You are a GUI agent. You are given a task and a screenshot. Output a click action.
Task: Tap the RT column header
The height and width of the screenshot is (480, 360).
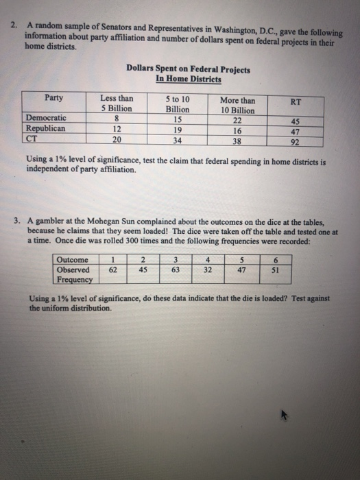pyautogui.click(x=296, y=101)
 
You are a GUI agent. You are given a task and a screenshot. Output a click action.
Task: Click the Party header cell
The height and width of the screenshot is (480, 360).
pyautogui.click(x=54, y=98)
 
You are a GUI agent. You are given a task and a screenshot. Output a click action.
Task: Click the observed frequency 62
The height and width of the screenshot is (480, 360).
pyautogui.click(x=112, y=269)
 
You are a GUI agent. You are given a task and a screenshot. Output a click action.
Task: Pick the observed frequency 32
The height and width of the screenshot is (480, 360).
pyautogui.click(x=206, y=269)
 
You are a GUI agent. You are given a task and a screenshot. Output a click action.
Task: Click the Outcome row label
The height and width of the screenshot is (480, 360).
pyautogui.click(x=72, y=260)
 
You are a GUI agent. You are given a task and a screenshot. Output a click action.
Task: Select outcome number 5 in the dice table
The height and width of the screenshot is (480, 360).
pyautogui.click(x=241, y=260)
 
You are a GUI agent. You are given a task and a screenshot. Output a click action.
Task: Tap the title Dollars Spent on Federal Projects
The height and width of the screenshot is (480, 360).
pyautogui.click(x=188, y=70)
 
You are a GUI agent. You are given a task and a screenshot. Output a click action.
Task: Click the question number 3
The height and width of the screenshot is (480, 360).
pyautogui.click(x=16, y=221)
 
